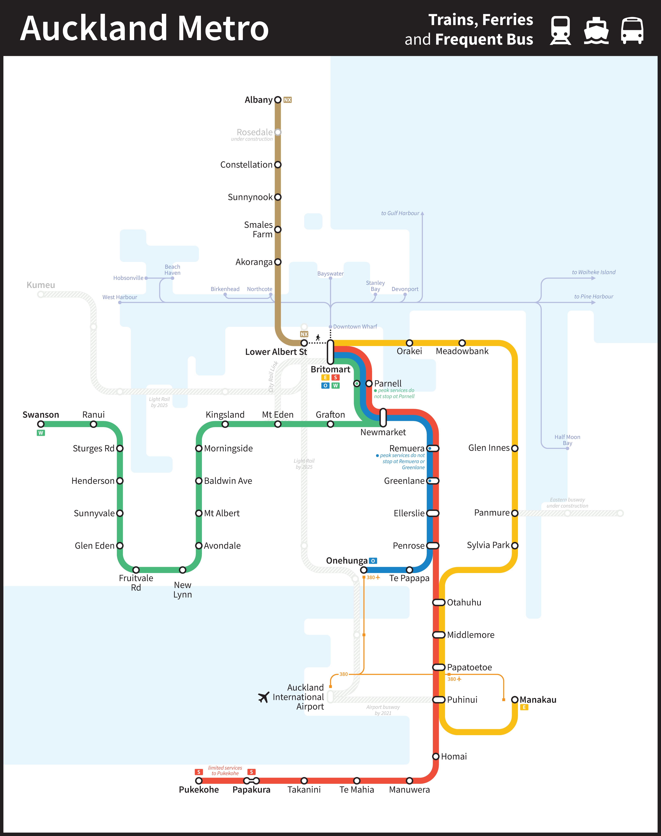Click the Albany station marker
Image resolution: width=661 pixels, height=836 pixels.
(x=278, y=100)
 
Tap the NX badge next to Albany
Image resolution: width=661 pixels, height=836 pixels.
(x=287, y=100)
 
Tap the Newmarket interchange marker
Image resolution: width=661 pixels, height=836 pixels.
(x=383, y=417)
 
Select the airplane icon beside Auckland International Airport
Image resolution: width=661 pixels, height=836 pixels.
(x=263, y=697)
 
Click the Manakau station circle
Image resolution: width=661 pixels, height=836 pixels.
(x=515, y=700)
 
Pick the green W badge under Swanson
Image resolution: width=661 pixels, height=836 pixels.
(x=41, y=433)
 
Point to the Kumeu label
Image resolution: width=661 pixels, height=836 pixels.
(x=41, y=285)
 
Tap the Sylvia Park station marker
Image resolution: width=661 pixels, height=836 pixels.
(x=515, y=546)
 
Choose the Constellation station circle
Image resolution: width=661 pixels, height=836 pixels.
(x=278, y=165)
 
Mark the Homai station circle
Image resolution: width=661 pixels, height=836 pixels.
(x=436, y=756)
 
